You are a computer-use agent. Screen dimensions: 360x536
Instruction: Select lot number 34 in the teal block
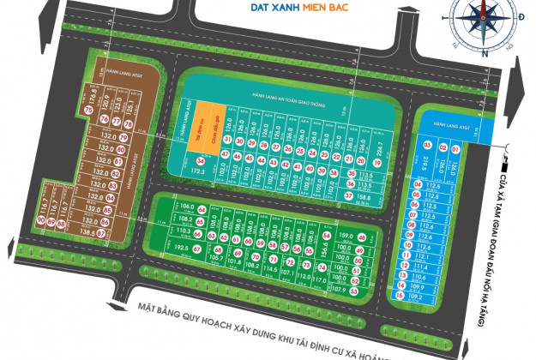pos(200,160)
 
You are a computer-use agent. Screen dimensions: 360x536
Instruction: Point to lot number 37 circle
pos(349,195)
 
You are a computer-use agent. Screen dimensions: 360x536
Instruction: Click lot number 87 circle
pos(101,232)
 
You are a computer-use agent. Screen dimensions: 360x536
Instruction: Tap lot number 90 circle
pos(41,220)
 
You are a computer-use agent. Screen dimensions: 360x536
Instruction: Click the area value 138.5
pos(85,232)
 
